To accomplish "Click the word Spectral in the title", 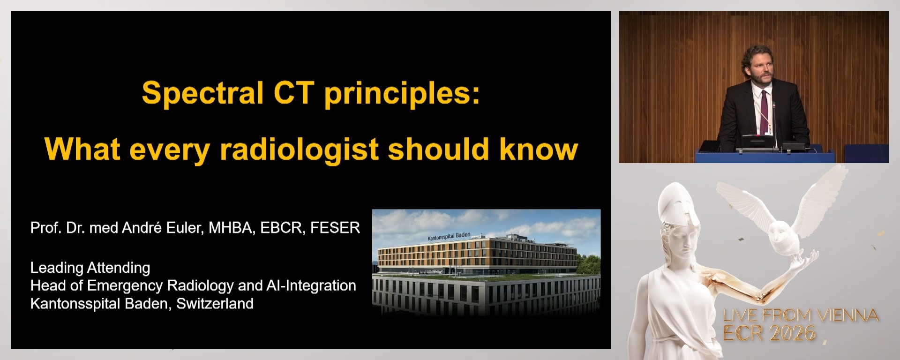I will click(202, 93).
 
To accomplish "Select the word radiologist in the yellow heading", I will click(299, 150).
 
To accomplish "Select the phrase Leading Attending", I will click(90, 268).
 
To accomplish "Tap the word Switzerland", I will click(215, 304).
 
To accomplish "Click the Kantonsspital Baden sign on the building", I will click(449, 236).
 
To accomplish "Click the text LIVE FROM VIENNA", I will click(801, 315).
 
